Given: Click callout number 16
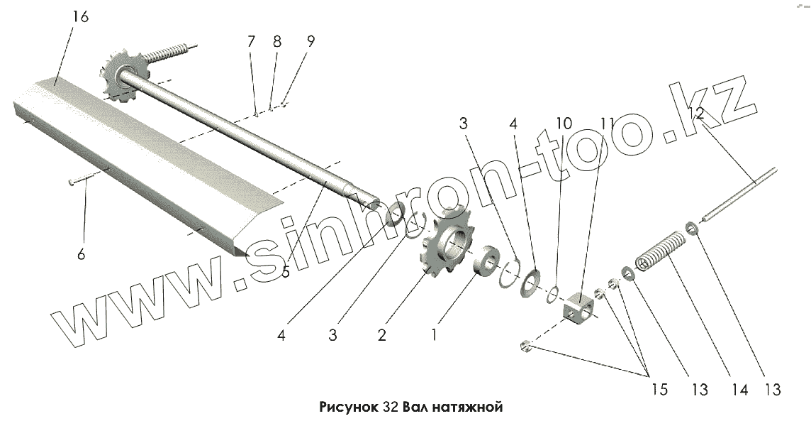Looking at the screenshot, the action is tap(80, 17).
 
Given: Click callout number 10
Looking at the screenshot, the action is tap(564, 124).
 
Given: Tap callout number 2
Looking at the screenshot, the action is tap(381, 335).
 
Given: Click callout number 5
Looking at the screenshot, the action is tap(286, 272).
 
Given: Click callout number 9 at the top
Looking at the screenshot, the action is tap(311, 41).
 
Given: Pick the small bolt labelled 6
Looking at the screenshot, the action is tap(81, 182).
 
